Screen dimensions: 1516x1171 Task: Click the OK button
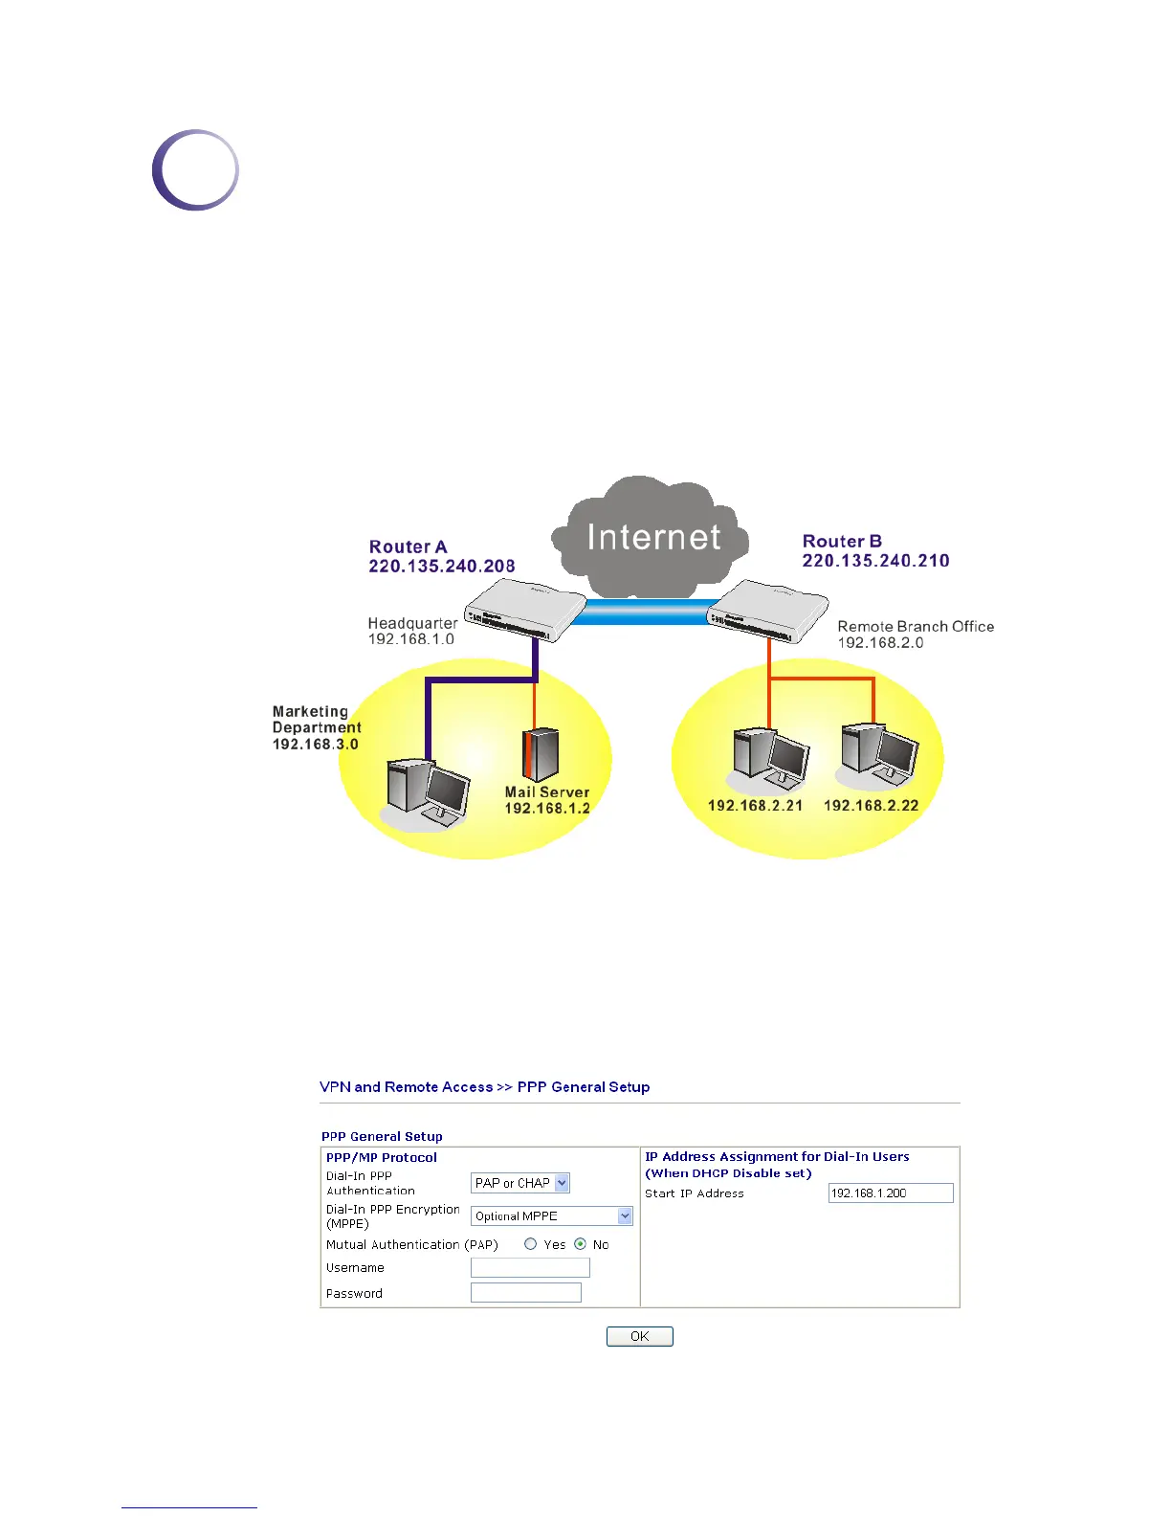(x=639, y=1336)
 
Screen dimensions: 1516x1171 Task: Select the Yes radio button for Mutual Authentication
(x=531, y=1244)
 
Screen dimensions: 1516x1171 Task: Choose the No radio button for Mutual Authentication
(x=580, y=1244)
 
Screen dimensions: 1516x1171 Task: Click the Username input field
(x=530, y=1267)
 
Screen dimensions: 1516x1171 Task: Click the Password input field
(x=525, y=1293)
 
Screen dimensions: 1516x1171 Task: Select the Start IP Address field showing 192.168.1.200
(x=890, y=1193)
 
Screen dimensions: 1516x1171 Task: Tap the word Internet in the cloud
(x=653, y=537)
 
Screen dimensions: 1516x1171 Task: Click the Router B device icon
(x=768, y=610)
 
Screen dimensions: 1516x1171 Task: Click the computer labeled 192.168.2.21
(x=770, y=760)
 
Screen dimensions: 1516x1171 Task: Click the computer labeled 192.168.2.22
(x=879, y=756)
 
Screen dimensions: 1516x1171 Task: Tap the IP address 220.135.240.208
(x=442, y=567)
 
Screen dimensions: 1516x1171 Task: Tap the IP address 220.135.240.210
(x=875, y=561)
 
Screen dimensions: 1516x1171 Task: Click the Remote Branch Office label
(x=916, y=626)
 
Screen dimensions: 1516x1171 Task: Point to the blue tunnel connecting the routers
(x=646, y=612)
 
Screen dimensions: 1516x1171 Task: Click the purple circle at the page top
(x=195, y=170)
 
